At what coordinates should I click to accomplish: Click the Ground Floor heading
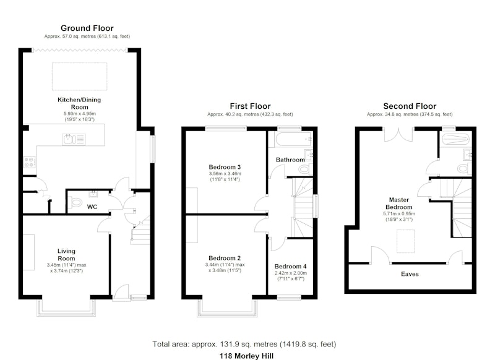click(x=87, y=28)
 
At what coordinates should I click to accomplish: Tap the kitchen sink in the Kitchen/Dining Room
click(x=74, y=139)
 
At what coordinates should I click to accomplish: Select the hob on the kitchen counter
click(x=30, y=161)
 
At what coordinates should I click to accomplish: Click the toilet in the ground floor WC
click(x=75, y=202)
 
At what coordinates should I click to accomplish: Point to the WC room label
click(x=92, y=207)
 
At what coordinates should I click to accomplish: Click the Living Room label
click(x=66, y=255)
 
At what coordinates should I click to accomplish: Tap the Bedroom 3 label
click(x=225, y=167)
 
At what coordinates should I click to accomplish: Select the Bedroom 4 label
click(x=290, y=267)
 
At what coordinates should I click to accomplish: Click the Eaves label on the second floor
click(x=410, y=274)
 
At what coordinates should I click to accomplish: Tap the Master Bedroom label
click(x=399, y=203)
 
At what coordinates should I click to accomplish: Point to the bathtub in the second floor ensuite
click(x=456, y=139)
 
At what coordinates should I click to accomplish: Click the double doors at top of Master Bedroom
click(x=398, y=135)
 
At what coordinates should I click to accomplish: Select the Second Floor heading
click(x=410, y=106)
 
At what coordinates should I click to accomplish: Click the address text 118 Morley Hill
click(x=246, y=356)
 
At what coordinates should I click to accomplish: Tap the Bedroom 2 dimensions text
click(x=225, y=268)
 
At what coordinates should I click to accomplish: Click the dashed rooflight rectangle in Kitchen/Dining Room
click(x=80, y=76)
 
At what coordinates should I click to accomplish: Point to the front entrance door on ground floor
click(x=121, y=292)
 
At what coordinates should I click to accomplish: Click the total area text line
click(x=244, y=344)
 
